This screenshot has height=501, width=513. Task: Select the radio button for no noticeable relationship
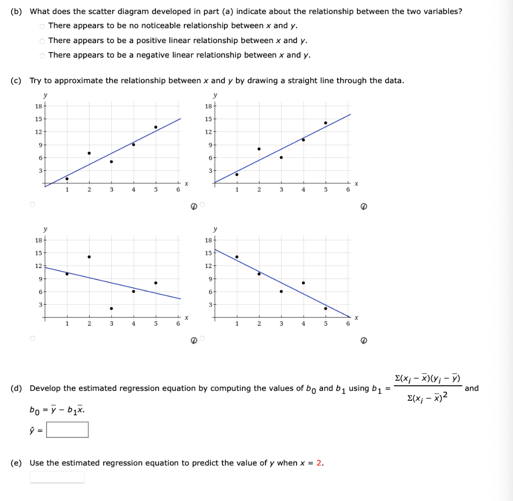(x=43, y=26)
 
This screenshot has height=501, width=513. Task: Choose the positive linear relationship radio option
(x=43, y=41)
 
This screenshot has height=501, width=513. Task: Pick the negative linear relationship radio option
(x=43, y=56)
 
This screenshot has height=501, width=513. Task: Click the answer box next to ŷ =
(x=68, y=429)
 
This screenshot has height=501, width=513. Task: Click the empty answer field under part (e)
(x=57, y=477)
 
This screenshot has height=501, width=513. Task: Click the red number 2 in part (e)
(x=319, y=463)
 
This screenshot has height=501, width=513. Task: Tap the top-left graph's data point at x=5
(x=156, y=127)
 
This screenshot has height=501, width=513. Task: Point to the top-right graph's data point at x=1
(x=237, y=174)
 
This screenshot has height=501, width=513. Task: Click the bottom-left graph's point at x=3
(x=111, y=308)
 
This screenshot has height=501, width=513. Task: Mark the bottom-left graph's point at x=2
(x=89, y=257)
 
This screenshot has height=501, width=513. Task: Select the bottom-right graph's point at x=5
(x=326, y=308)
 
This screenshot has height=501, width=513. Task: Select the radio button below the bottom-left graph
(x=33, y=339)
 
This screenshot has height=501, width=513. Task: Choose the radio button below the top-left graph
(x=33, y=205)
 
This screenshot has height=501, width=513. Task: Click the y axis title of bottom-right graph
(x=215, y=229)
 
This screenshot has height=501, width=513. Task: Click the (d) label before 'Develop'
(x=16, y=388)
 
